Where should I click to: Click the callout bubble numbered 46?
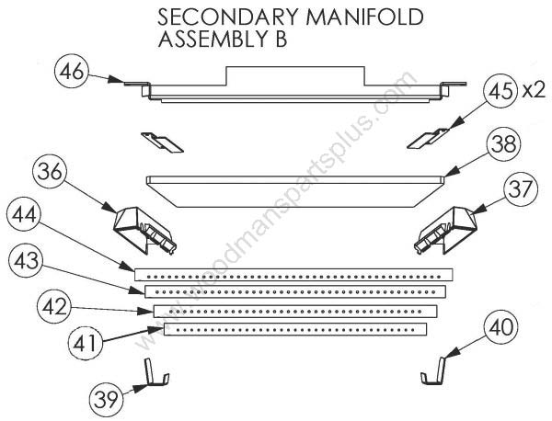[x=72, y=72]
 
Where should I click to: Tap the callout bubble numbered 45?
[x=501, y=91]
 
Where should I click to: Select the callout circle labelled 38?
[x=504, y=144]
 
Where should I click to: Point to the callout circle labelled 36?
[x=50, y=172]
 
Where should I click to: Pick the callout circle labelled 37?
[x=521, y=189]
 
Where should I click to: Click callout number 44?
[x=24, y=215]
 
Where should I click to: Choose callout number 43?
[x=26, y=261]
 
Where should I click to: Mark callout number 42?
[x=54, y=307]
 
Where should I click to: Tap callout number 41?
[x=85, y=343]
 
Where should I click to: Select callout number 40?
[x=501, y=326]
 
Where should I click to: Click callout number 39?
[x=106, y=400]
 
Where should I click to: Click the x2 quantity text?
[x=534, y=91]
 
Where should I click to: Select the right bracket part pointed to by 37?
[x=445, y=229]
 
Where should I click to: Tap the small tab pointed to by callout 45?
[x=428, y=139]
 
